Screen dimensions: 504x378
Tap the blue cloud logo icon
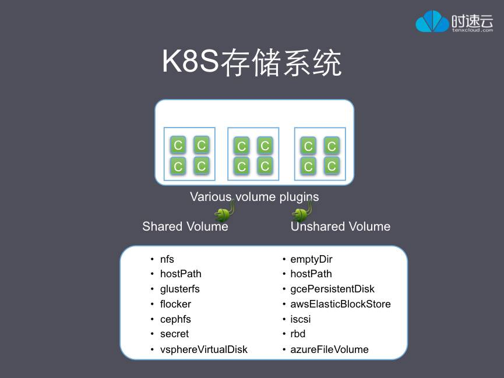432,22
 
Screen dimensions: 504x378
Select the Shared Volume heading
185,227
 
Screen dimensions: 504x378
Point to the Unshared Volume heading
340,227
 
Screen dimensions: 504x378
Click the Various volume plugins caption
254,197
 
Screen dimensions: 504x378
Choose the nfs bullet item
167,259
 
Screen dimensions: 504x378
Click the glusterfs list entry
180,289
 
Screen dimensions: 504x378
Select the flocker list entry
175,304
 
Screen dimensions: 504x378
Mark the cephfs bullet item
175,319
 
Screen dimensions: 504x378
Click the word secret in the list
174,334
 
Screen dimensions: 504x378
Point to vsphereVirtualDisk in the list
203,349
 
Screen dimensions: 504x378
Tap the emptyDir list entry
311,259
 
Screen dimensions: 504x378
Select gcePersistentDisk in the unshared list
332,289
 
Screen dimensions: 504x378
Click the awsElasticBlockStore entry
340,304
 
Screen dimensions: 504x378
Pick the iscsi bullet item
301,319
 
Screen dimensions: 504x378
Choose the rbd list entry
298,334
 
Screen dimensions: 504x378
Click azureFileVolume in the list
329,349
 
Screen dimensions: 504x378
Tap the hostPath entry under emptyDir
311,274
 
